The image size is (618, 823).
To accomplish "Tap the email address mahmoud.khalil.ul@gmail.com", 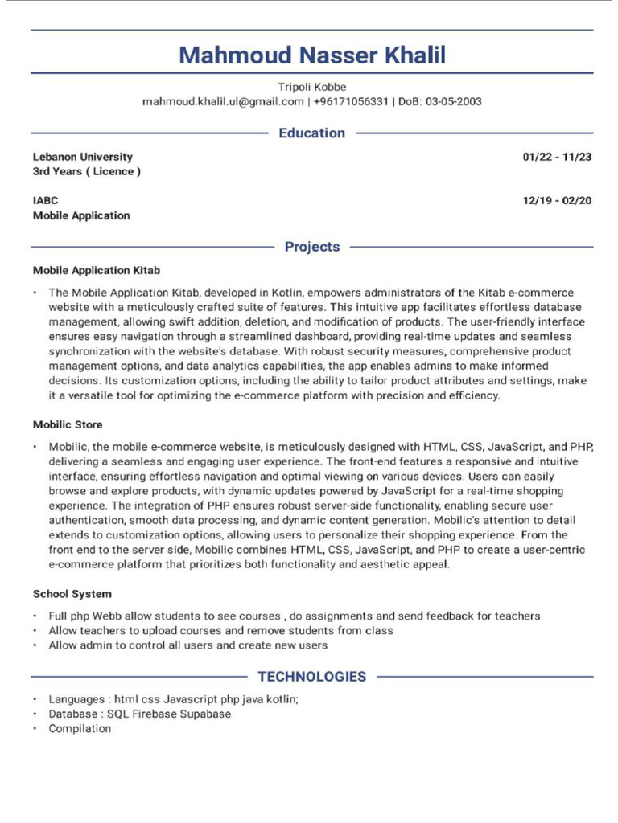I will coord(223,102).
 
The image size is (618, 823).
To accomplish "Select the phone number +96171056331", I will coord(351,102).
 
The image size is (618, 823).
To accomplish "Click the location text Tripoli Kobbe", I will coord(311,87).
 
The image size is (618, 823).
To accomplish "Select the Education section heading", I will coord(311,133).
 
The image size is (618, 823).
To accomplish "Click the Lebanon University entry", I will coord(83,157).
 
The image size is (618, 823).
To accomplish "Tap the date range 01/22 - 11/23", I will coord(557,157).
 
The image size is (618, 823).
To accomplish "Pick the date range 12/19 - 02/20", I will coord(557,200).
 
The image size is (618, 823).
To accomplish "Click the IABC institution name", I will coord(46,200).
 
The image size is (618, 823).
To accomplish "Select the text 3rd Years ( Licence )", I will coord(87,172).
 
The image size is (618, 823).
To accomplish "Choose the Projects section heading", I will coord(311,247).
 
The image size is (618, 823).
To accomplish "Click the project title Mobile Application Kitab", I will coord(97,271).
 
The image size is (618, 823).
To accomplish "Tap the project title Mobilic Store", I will coord(68,424).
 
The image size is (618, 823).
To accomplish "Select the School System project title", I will coord(72,594).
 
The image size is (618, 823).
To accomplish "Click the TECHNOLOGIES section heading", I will coord(311,677).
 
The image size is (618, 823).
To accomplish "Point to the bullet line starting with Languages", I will coord(173,699).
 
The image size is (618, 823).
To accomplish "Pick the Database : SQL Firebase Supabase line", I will coord(139,714).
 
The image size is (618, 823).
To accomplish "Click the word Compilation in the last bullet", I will coord(80,728).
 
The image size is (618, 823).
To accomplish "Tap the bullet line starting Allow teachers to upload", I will coord(220,631).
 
